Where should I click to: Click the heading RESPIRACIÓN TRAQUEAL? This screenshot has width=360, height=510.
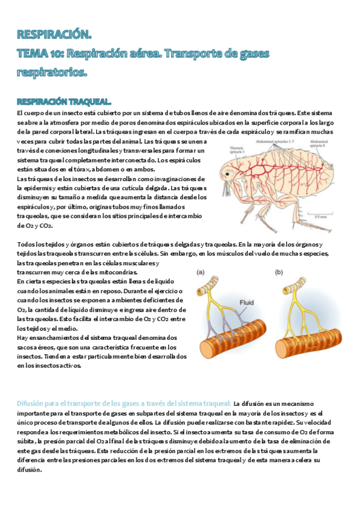click(x=64, y=100)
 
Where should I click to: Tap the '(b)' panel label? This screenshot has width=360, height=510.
click(x=279, y=272)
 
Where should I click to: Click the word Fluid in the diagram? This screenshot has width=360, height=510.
click(x=246, y=303)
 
